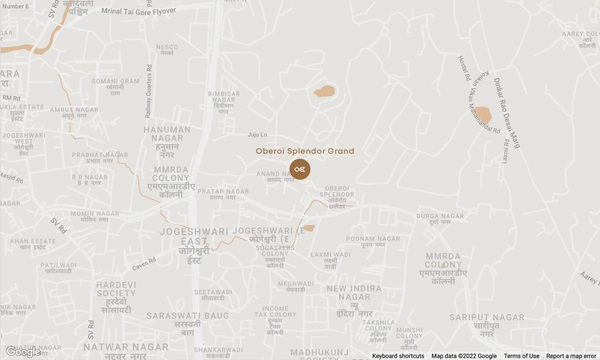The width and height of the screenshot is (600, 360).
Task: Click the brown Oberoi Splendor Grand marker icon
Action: click(x=300, y=169)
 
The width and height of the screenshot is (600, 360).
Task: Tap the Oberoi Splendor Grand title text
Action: click(x=305, y=151)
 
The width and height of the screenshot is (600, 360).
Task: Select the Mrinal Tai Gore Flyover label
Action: click(x=138, y=10)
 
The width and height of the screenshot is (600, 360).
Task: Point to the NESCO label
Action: click(x=167, y=49)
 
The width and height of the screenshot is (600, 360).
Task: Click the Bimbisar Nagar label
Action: click(x=224, y=102)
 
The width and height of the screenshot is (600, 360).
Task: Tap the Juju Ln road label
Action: click(x=257, y=135)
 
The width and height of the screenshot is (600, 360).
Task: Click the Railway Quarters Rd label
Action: click(x=148, y=91)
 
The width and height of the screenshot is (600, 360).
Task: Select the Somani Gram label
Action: click(x=115, y=86)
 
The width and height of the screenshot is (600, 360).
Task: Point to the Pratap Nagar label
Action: click(x=223, y=194)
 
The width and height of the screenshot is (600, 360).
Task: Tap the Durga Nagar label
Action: click(x=440, y=219)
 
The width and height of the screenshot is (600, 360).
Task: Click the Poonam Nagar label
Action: click(x=373, y=242)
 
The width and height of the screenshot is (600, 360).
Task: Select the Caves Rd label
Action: click(x=144, y=264)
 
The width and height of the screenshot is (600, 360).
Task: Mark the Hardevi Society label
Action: click(x=116, y=297)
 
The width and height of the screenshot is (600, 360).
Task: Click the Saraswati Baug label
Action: click(x=188, y=323)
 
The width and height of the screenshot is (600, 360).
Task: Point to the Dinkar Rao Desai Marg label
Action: click(x=506, y=113)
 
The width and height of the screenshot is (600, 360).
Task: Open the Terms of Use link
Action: click(x=521, y=356)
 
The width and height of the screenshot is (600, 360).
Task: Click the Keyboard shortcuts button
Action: click(x=398, y=356)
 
